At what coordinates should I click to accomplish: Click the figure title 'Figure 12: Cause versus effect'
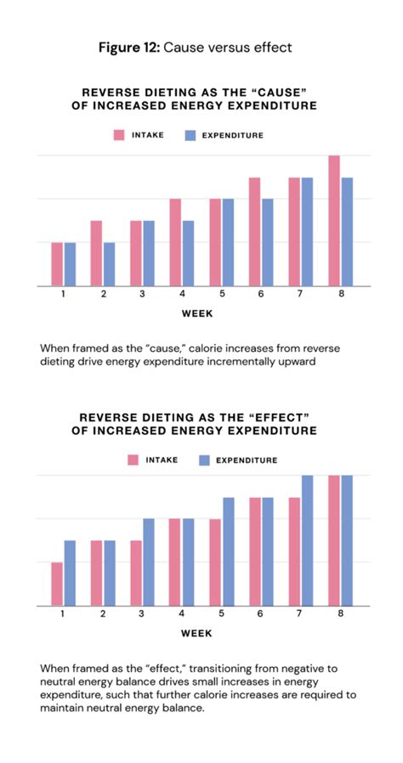coord(201,48)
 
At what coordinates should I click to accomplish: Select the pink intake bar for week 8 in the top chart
coord(334,221)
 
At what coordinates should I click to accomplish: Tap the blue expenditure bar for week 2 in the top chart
coord(109,264)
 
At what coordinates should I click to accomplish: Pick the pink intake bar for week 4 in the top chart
coord(175,242)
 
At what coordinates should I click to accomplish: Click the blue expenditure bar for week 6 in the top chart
coord(268,242)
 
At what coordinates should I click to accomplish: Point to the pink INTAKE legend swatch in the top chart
coord(120,134)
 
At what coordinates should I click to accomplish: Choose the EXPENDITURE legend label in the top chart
coord(232,134)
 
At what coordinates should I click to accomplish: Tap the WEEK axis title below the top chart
coord(197,313)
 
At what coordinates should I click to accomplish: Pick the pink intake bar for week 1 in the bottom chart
coord(56,584)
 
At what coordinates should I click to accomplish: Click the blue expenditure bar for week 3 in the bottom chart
coord(149,562)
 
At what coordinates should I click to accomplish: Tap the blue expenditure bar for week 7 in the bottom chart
coord(307,540)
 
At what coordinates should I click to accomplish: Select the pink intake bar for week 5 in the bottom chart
coord(215,562)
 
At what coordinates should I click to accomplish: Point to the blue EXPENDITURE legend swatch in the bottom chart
coord(204,460)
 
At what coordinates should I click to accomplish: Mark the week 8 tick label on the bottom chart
coord(340,613)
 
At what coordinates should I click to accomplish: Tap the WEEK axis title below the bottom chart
coord(197,632)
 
